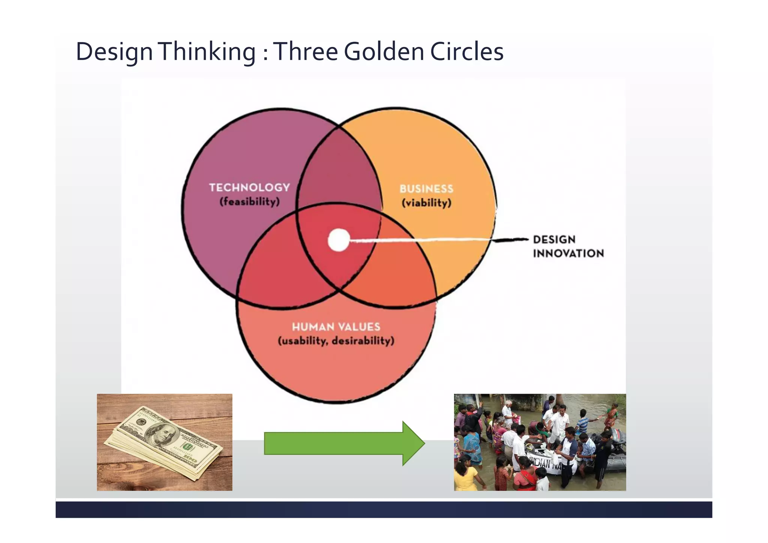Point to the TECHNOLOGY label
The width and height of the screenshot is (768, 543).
click(249, 187)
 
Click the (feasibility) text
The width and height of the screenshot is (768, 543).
click(249, 202)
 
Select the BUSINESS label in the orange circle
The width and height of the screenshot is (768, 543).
click(426, 189)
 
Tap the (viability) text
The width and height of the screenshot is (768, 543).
click(426, 203)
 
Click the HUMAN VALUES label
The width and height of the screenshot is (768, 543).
click(336, 327)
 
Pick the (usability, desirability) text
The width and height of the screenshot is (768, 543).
click(336, 341)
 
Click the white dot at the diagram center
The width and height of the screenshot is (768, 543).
click(339, 240)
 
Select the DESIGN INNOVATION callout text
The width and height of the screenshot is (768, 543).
click(568, 246)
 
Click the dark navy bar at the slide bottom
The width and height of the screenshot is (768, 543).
click(384, 510)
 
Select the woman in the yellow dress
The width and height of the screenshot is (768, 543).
click(465, 475)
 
